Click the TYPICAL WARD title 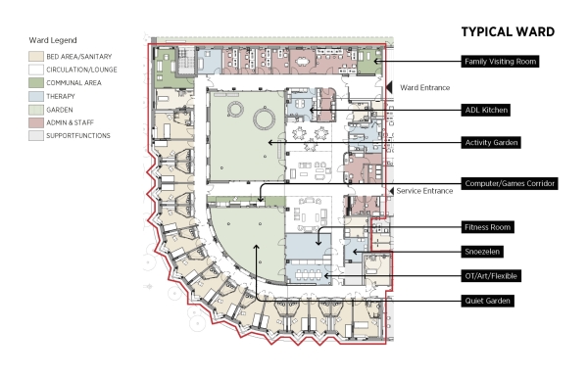point(508,32)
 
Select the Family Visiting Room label point(500,62)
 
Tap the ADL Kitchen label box point(486,110)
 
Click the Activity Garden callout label point(491,143)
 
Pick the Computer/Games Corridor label point(510,183)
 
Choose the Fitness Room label point(487,227)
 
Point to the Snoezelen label point(482,252)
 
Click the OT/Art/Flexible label point(491,276)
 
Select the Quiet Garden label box point(487,301)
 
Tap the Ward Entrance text point(425,88)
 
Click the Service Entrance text point(424,191)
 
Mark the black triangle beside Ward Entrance point(389,87)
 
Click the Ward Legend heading point(53,40)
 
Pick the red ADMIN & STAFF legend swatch point(36,122)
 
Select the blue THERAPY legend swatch point(36,96)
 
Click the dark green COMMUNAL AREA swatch point(36,83)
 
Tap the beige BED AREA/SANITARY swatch point(36,57)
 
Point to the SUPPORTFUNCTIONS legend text point(78,135)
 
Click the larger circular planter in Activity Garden point(265,118)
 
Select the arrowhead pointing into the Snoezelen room point(355,252)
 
